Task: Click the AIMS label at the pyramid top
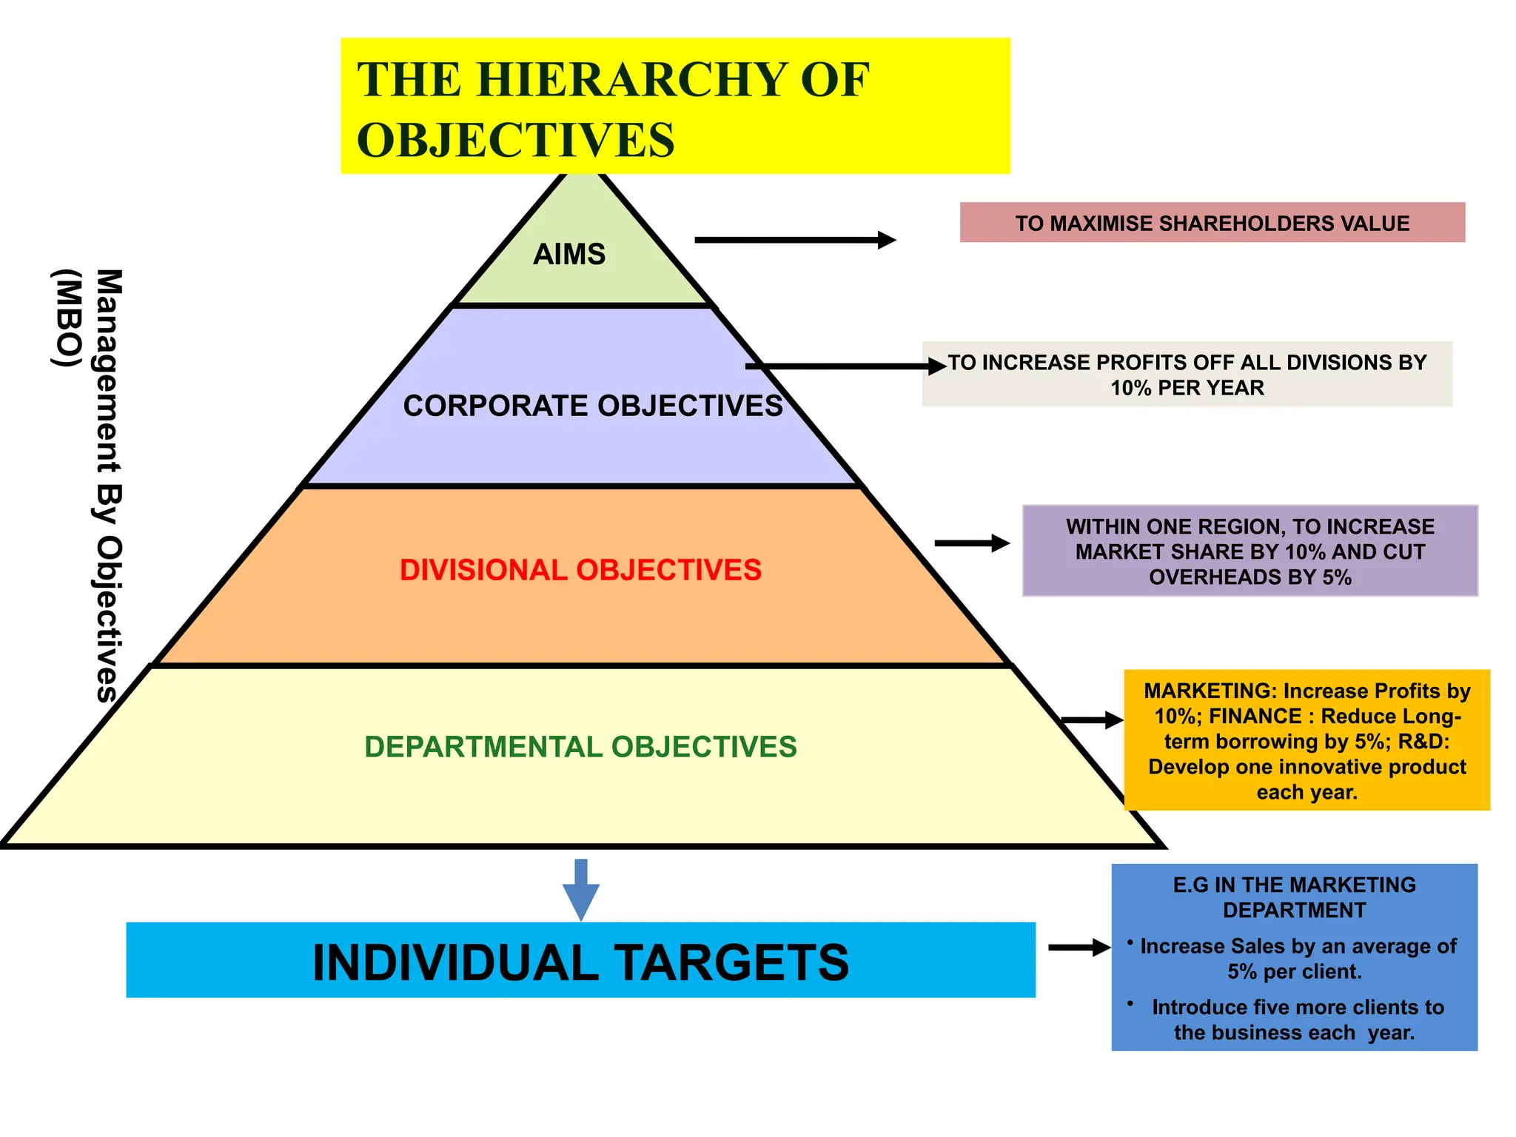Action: click(x=569, y=255)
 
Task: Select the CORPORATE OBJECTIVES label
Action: click(x=592, y=406)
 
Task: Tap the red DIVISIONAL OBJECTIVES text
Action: click(x=580, y=570)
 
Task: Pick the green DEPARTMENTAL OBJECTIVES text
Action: click(x=580, y=747)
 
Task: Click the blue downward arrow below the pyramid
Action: click(x=581, y=889)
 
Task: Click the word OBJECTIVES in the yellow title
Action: click(x=516, y=140)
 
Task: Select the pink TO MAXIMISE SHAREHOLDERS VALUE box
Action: click(x=1212, y=223)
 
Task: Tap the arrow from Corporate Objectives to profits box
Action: click(x=844, y=366)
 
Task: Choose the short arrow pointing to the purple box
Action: click(x=971, y=543)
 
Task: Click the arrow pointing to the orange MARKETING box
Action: click(x=1092, y=720)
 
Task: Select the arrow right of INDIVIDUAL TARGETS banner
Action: click(x=1079, y=947)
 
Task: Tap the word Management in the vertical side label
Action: click(x=109, y=370)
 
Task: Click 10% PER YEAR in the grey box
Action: click(x=1187, y=388)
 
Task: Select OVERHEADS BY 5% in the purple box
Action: click(x=1250, y=577)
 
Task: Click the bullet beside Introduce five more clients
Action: click(x=1130, y=1004)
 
